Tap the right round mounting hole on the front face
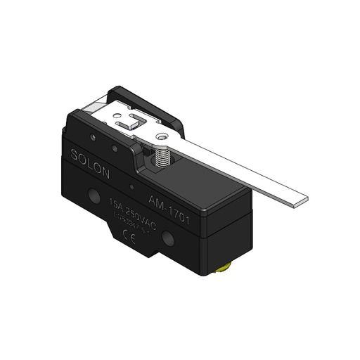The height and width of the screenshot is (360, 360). pos(169,240)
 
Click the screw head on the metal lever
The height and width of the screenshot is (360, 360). pos(162,139)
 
